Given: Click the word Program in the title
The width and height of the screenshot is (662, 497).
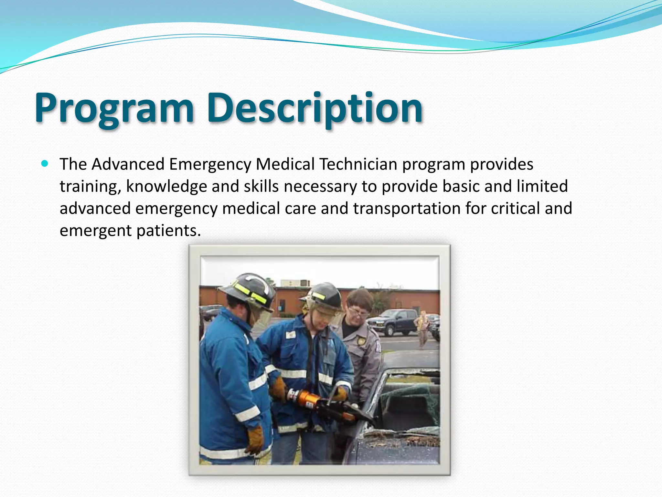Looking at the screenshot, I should point(114,108).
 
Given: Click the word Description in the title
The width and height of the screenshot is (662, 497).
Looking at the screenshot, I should point(315,108).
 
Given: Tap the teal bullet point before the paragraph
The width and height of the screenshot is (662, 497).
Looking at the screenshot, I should point(45,163).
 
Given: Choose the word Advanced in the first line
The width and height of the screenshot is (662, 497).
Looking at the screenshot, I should point(128,164).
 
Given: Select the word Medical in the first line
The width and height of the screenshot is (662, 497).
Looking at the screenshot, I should point(285,164).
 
